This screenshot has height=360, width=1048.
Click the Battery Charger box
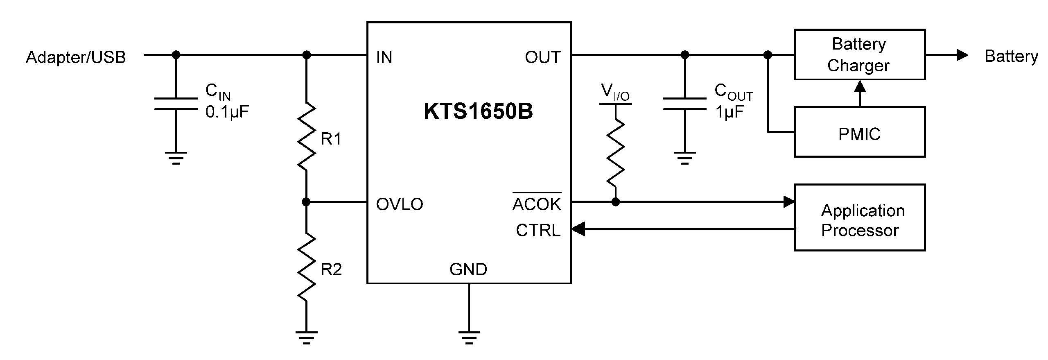(x=859, y=54)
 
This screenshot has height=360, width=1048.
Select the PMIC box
(x=859, y=132)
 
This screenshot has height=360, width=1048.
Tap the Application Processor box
(x=859, y=217)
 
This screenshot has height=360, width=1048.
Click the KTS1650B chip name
(x=478, y=111)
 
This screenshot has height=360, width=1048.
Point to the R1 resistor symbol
(x=306, y=136)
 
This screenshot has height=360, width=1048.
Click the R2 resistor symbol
(x=306, y=267)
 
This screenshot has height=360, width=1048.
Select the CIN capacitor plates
(x=176, y=104)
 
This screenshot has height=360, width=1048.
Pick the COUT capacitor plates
(x=684, y=104)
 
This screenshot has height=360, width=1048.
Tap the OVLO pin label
(x=400, y=204)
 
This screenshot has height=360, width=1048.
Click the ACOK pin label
(x=537, y=203)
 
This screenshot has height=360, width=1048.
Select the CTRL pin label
(x=538, y=231)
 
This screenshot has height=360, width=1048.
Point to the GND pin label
(x=468, y=269)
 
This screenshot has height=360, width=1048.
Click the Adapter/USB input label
(x=76, y=57)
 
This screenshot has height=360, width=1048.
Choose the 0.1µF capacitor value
(x=227, y=112)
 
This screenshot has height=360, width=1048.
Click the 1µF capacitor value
(x=729, y=112)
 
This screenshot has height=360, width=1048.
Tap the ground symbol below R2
(x=306, y=337)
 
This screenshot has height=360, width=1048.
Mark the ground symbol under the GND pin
(x=469, y=337)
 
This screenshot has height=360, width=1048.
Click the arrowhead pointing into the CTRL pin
(x=578, y=229)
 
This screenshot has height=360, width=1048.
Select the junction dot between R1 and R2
(x=306, y=202)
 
